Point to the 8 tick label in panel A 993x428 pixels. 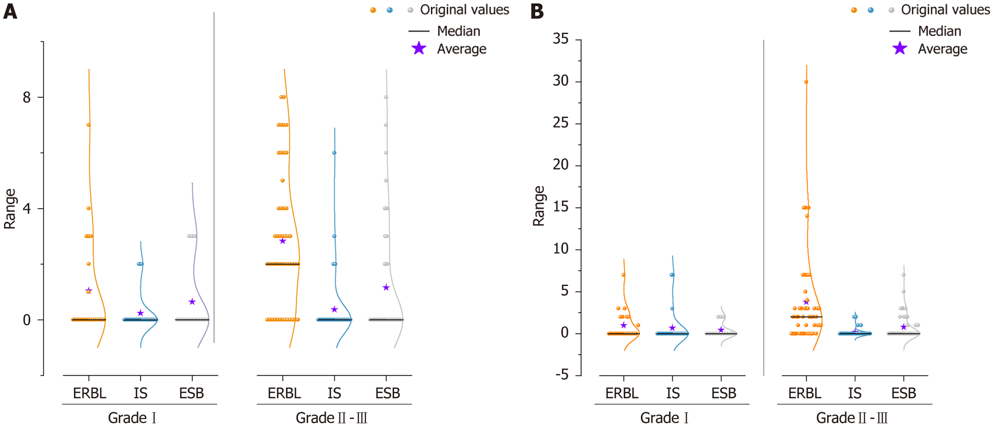tap(26, 97)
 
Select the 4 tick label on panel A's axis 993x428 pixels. tap(26, 208)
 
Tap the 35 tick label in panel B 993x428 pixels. tap(560, 39)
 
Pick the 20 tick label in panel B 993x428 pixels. tap(560, 165)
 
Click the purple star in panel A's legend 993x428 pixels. tap(419, 49)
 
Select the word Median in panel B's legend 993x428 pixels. tap(939, 31)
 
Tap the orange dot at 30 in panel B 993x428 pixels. tap(806, 82)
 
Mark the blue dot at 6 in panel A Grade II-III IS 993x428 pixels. tap(334, 153)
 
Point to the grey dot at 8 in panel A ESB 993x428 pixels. tap(386, 97)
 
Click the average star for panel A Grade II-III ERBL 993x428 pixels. tap(283, 241)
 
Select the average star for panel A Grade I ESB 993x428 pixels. tap(192, 302)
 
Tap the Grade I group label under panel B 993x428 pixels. tap(664, 418)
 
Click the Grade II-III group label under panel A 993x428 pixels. tap(331, 418)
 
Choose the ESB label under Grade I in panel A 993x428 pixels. tap(192, 393)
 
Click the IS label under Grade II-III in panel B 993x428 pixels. tap(854, 393)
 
